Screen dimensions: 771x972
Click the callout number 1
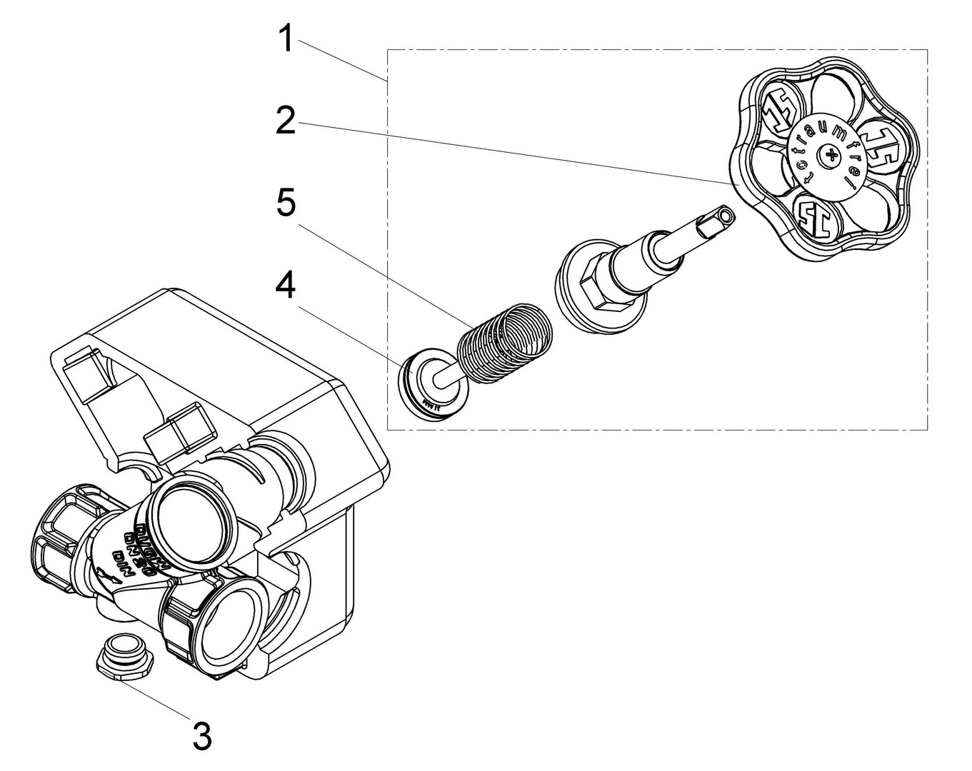point(286,39)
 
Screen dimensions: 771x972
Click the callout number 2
point(286,121)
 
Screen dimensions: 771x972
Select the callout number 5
point(286,203)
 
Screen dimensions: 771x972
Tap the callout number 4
point(286,286)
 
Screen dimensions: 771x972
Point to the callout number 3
point(202,735)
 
